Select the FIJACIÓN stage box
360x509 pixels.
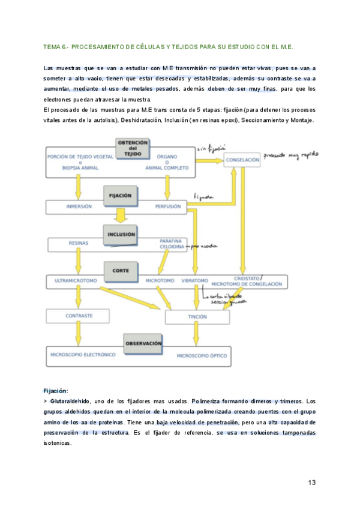[121, 196]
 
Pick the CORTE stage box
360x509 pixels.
[121, 271]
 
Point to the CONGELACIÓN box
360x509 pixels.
[243, 160]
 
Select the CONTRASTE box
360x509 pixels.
[79, 315]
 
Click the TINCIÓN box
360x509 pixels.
[197, 317]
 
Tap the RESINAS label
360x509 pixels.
[79, 243]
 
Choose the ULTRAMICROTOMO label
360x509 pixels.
[76, 280]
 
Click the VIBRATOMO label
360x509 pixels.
[195, 280]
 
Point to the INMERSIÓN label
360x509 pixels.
[79, 206]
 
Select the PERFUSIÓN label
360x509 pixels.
[167, 206]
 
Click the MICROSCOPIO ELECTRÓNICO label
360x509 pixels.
[83, 355]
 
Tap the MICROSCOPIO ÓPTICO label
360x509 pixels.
[202, 356]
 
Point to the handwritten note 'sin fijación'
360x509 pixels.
[206, 146]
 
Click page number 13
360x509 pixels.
[311, 482]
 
